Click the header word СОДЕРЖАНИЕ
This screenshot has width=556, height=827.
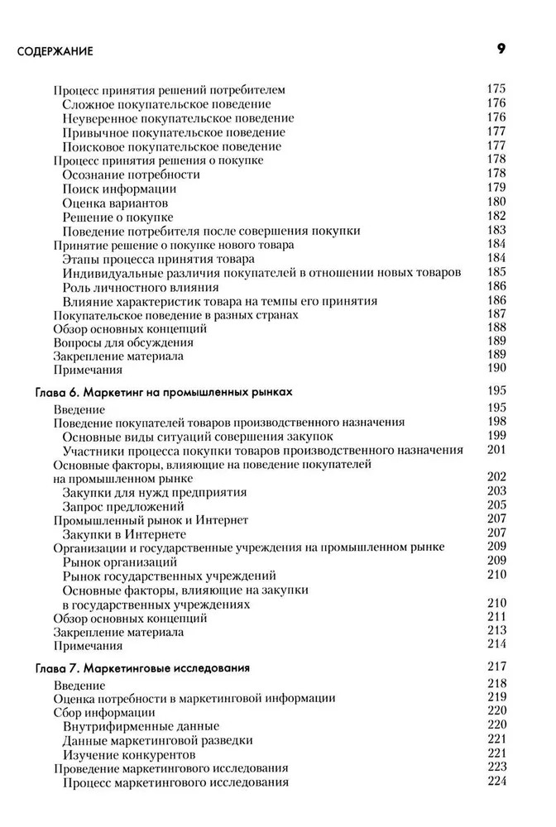tap(55, 51)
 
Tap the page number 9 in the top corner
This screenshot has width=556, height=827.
tap(501, 49)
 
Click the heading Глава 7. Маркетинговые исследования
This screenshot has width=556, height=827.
tap(144, 667)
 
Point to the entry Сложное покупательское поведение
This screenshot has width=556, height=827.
tap(166, 104)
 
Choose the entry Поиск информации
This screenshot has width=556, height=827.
tap(119, 189)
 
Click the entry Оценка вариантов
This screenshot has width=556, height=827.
tap(115, 203)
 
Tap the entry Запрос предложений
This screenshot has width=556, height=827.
tap(123, 506)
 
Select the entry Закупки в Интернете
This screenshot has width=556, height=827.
tap(124, 534)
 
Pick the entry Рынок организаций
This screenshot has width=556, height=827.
tap(122, 562)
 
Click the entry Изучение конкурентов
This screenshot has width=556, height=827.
tap(129, 754)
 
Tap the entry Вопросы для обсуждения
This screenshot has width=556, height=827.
tap(123, 342)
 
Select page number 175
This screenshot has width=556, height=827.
tap(496, 89)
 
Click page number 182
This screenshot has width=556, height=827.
tap(496, 216)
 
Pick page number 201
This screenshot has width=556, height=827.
tap(496, 449)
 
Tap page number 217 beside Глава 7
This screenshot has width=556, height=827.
tap(496, 667)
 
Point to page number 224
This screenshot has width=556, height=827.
tap(496, 782)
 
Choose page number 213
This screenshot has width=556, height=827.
tap(496, 631)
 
